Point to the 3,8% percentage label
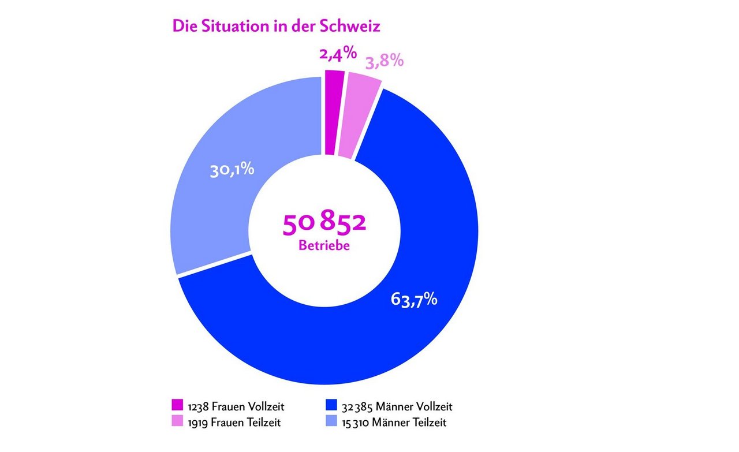point(383,61)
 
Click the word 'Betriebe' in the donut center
point(324,245)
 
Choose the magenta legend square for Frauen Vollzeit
point(178,406)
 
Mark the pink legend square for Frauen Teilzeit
point(178,422)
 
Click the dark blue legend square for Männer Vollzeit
point(331,406)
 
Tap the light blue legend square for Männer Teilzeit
point(331,422)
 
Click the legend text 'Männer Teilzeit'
point(409,423)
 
